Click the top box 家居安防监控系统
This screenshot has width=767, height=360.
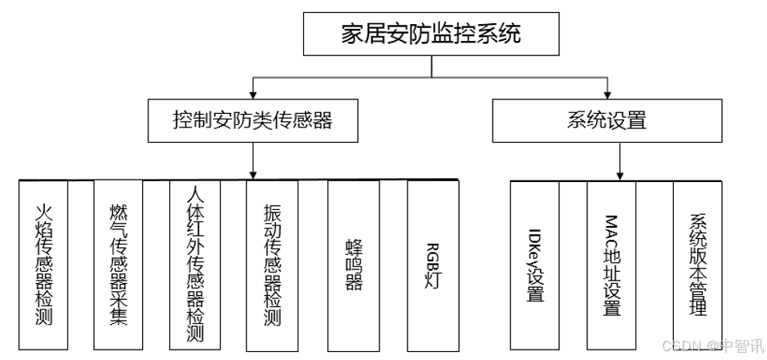[x=431, y=34]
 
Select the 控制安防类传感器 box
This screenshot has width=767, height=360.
[x=253, y=121]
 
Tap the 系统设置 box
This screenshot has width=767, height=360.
[x=607, y=121]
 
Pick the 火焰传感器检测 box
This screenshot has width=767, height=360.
[x=43, y=265]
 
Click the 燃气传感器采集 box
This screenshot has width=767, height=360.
[x=119, y=265]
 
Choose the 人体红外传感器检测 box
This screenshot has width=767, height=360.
[x=195, y=265]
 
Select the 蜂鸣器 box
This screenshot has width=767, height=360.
[x=354, y=266]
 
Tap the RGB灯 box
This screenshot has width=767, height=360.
[x=433, y=266]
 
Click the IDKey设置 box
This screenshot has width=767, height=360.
[x=535, y=265]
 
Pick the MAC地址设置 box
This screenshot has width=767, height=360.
[x=611, y=265]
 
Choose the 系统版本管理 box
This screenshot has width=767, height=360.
[x=697, y=265]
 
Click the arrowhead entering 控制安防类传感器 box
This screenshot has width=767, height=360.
[x=253, y=95]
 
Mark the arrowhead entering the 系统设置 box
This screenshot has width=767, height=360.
[x=607, y=95]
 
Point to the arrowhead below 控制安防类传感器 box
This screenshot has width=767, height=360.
[x=253, y=175]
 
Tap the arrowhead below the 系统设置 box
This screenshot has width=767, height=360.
[x=620, y=176]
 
